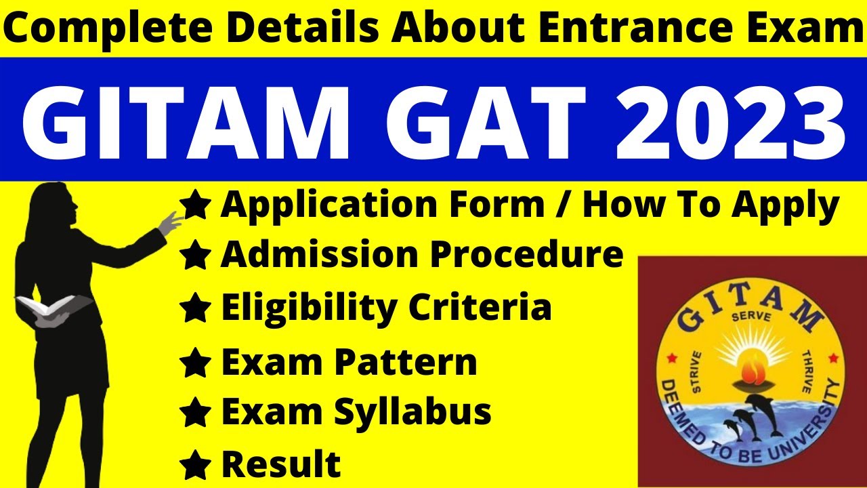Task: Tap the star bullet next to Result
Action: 195,465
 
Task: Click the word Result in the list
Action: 281,464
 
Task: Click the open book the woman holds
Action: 51,308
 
